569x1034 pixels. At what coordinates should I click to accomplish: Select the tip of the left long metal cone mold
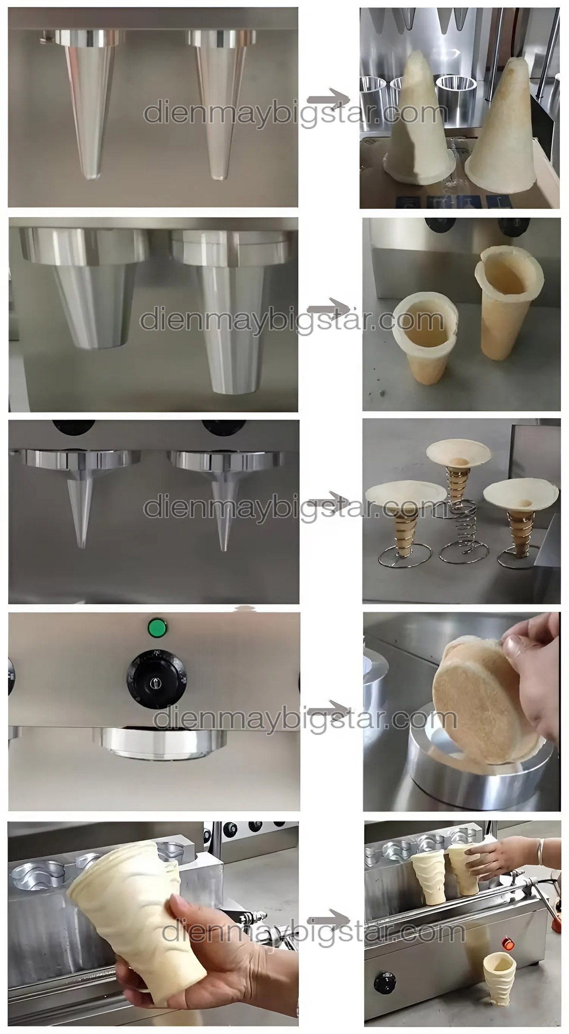tap(91, 177)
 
